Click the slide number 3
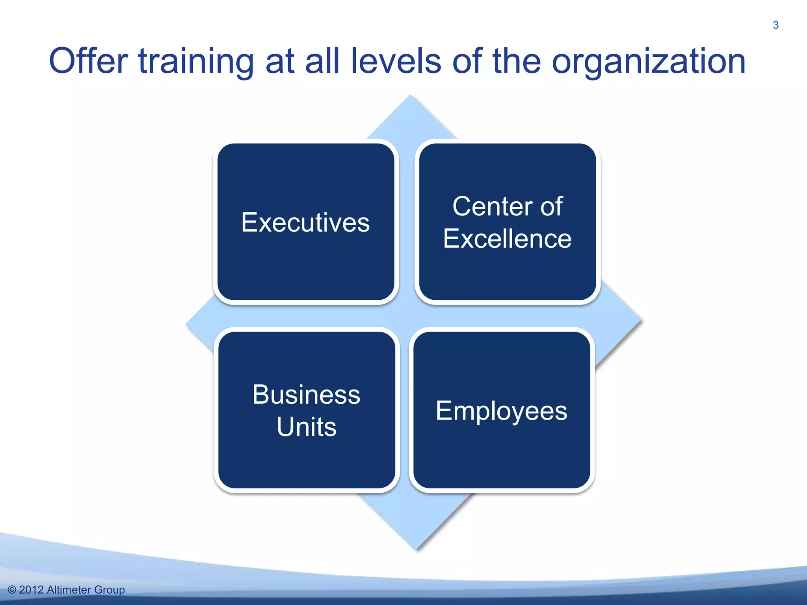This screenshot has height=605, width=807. coord(775,25)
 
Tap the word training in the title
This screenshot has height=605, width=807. coord(196,62)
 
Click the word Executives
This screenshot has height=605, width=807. coord(305,223)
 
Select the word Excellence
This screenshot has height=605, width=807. coord(507,239)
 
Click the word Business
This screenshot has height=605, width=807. coord(306,395)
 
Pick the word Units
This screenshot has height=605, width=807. coord(306,427)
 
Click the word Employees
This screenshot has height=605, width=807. coord(501,411)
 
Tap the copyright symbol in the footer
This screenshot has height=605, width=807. coord(12,590)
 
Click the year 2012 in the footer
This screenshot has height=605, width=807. coord(31,590)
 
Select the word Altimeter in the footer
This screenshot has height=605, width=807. coord(69,590)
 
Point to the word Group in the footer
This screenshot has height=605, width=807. coord(110,590)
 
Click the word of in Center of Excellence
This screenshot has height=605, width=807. coord(551,206)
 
